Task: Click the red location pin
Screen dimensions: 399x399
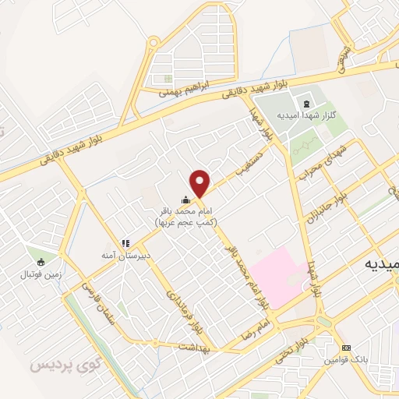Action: tap(200, 183)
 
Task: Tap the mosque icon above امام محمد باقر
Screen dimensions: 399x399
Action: tap(185, 200)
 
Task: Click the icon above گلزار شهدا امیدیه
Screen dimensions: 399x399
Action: tap(305, 102)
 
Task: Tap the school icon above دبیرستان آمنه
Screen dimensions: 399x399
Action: tap(124, 243)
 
